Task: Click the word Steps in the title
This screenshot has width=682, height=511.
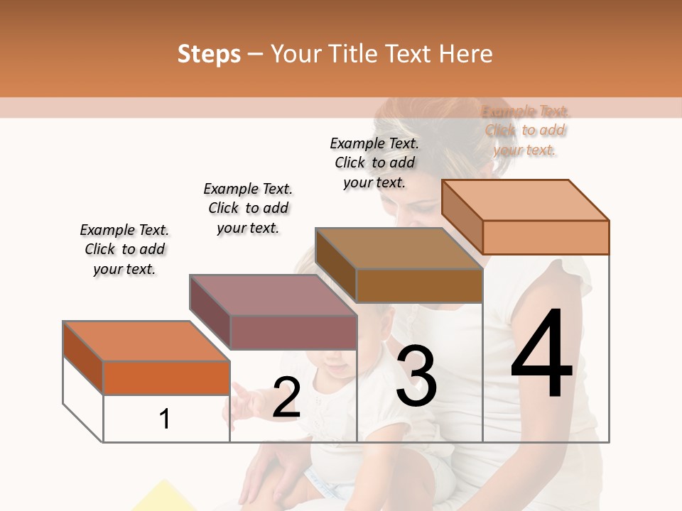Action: click(x=209, y=54)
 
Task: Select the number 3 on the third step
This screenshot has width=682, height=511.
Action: click(x=416, y=375)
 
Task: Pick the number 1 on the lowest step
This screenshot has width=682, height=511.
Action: click(x=165, y=419)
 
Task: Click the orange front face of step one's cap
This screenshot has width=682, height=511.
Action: click(x=166, y=378)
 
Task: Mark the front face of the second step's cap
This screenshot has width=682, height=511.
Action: click(x=293, y=332)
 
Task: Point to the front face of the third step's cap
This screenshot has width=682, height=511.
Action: click(x=419, y=285)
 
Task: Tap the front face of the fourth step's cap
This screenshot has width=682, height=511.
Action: click(x=546, y=237)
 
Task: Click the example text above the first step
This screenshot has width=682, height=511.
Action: click(x=124, y=249)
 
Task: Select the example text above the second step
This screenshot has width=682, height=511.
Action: click(x=248, y=208)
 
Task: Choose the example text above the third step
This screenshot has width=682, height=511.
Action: click(x=374, y=163)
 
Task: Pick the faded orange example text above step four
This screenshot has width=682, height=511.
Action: click(x=525, y=131)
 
